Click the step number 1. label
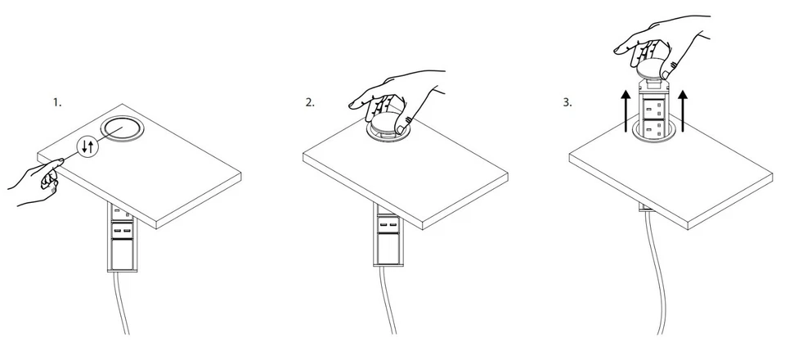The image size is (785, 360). click(x=57, y=102)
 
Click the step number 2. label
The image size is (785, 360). click(x=310, y=102)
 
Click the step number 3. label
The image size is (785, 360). click(x=567, y=102)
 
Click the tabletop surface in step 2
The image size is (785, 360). click(x=409, y=172)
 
